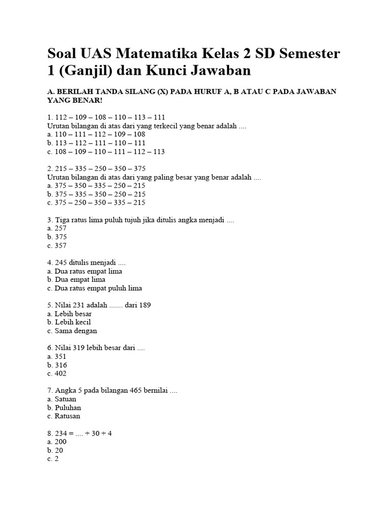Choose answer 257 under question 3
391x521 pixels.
coord(57,228)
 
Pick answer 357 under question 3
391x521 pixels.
coord(57,245)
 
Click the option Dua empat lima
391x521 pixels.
coord(76,279)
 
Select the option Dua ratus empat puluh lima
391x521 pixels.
coord(94,288)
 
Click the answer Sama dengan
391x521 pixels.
coord(71,331)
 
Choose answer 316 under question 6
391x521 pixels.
coord(57,365)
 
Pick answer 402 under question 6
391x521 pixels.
coord(57,373)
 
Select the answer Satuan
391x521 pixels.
coord(62,399)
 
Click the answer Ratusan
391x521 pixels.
coord(64,416)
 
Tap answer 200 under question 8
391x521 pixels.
coord(57,442)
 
